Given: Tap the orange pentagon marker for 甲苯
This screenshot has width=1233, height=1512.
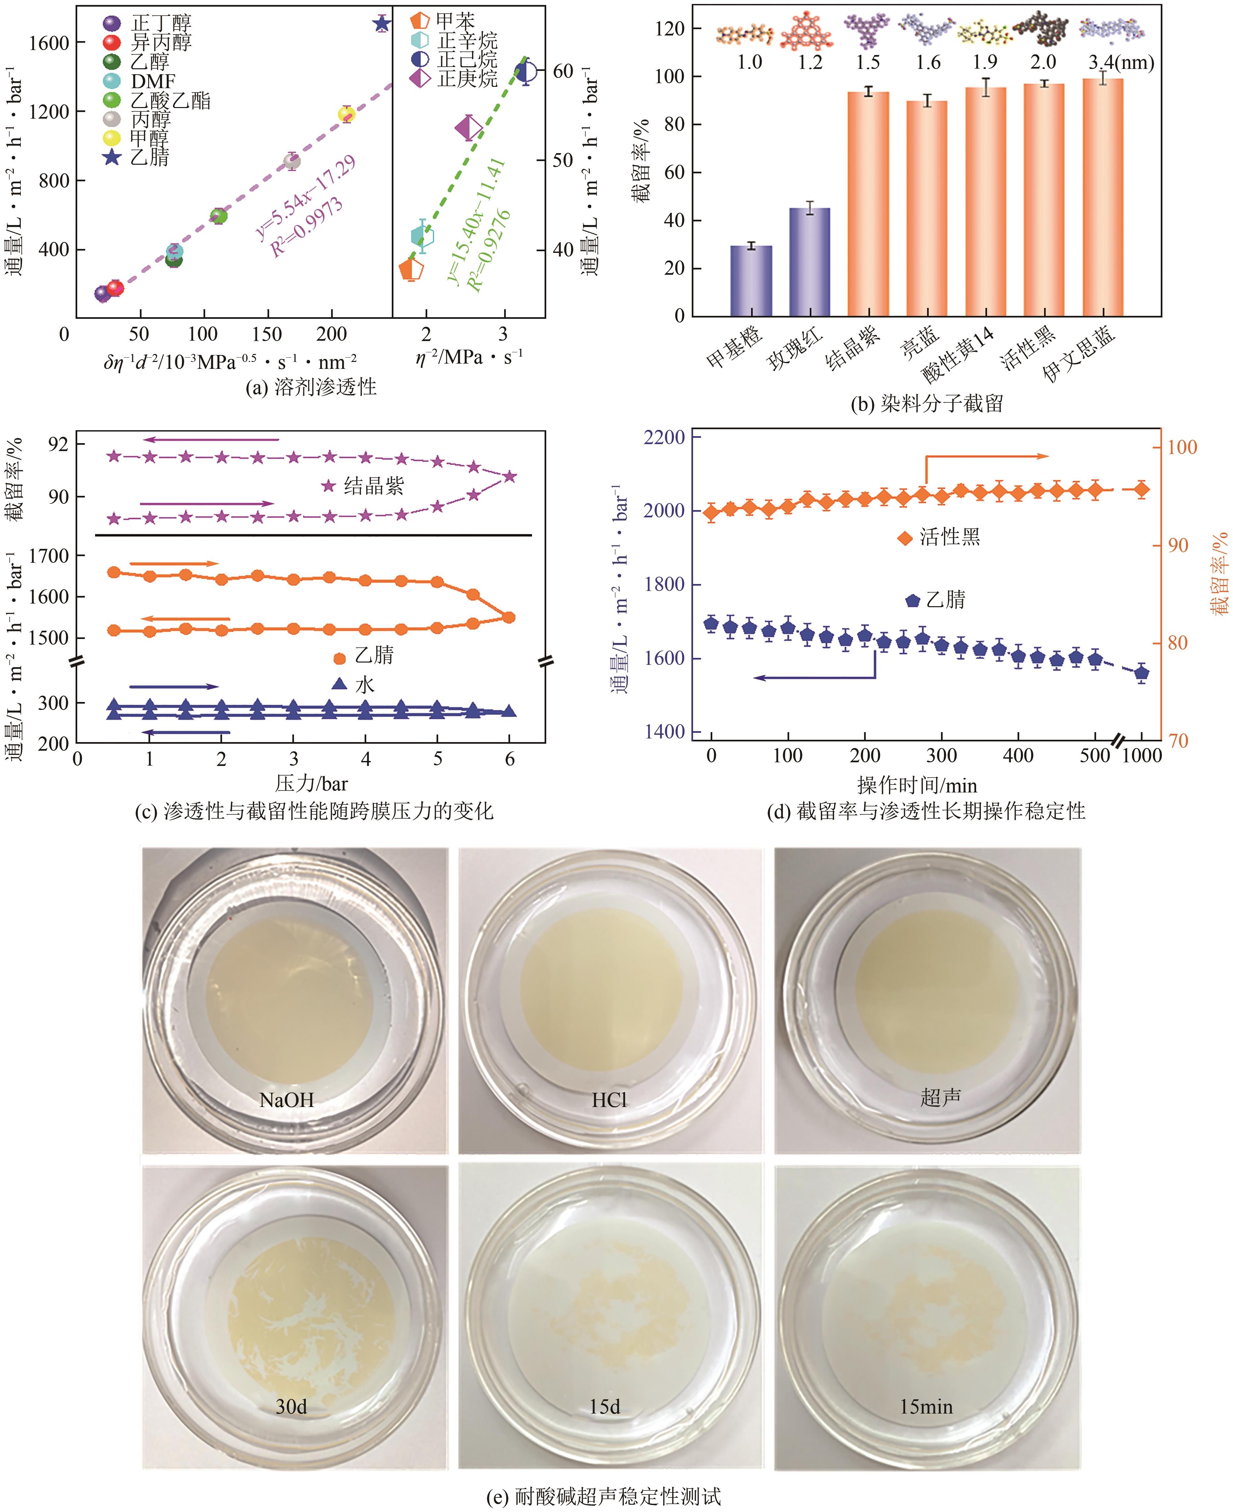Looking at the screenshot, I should click(411, 269).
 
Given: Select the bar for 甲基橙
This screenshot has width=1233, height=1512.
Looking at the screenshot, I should click(751, 280).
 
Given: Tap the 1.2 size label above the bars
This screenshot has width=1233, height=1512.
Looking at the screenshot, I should click(810, 63).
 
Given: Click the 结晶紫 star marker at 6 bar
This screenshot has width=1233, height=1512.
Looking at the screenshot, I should click(509, 477).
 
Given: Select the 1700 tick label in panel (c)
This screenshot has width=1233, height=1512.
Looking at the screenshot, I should click(48, 555).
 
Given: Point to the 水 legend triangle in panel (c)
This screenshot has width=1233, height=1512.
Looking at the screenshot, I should click(339, 684).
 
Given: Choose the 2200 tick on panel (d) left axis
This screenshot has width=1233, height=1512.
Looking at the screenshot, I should click(663, 437).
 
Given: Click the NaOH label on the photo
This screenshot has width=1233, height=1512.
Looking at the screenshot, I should click(286, 1100).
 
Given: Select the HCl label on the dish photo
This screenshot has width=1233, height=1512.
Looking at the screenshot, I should click(610, 1100).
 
